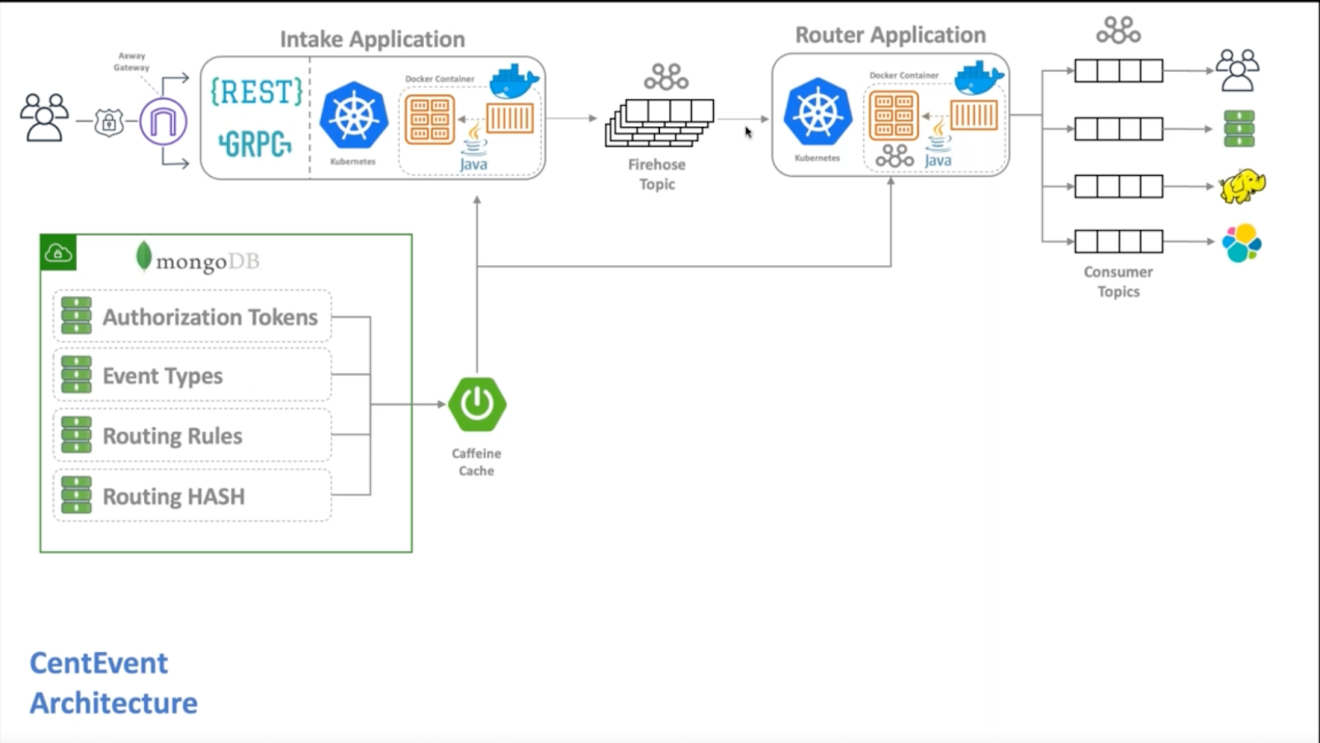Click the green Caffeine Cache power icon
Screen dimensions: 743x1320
(477, 405)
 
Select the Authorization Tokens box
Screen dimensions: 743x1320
(192, 317)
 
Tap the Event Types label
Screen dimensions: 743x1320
(163, 376)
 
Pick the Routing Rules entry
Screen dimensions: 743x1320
(172, 436)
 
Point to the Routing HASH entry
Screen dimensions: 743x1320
(173, 496)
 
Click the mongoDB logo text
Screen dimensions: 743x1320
(198, 261)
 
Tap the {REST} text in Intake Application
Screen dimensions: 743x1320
(257, 92)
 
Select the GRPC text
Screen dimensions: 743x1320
(255, 144)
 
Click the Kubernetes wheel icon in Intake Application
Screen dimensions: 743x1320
(354, 116)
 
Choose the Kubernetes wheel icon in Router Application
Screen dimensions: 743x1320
(818, 113)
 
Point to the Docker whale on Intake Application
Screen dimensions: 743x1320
(514, 81)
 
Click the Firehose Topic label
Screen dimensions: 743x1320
(657, 174)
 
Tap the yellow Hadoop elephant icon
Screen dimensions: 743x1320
(1242, 187)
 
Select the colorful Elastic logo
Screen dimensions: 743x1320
(1242, 243)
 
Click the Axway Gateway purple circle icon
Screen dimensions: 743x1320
(163, 122)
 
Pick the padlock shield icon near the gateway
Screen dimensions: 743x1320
(109, 123)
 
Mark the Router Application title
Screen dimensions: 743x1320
(890, 35)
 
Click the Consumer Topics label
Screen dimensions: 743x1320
(1118, 282)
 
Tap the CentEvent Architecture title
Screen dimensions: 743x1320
(113, 683)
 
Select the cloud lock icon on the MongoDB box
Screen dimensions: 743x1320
(59, 253)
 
